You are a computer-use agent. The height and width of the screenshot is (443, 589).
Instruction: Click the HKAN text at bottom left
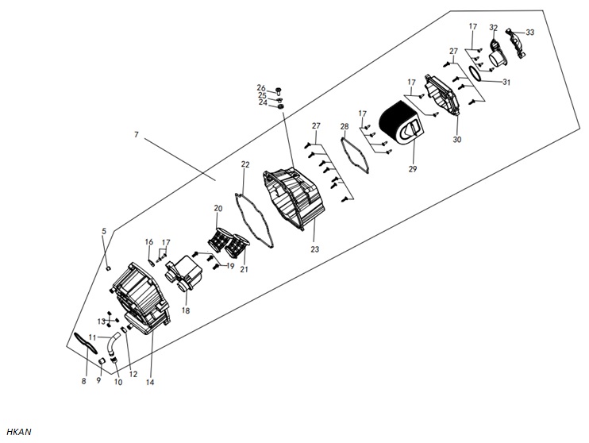point(19,432)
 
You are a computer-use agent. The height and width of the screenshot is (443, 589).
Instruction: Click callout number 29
point(413,169)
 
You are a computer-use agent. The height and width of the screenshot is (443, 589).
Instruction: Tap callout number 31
point(506,82)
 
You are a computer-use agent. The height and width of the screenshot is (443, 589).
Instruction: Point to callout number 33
point(529,33)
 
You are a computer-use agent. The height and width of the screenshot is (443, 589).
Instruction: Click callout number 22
point(245,164)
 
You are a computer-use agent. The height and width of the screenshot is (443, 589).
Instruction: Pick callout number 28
point(345,126)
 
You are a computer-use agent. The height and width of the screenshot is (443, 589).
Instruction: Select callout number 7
point(137,134)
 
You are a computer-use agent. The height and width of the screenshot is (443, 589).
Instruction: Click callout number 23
point(314,248)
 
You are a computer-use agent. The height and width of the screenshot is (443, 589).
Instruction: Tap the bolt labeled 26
point(279,91)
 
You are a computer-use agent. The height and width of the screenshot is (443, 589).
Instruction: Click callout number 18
point(186,310)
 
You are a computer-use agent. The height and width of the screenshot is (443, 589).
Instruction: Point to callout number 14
point(149,382)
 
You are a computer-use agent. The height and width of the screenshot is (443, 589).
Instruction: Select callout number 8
point(83,381)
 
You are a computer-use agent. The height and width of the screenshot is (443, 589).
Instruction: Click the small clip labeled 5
point(108,268)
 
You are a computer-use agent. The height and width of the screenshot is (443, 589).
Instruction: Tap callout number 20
point(218,208)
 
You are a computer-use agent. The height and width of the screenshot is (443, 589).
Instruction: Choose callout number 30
point(456,140)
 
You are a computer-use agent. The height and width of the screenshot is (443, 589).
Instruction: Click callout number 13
point(102,322)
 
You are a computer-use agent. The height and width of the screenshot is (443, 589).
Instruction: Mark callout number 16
point(149,241)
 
